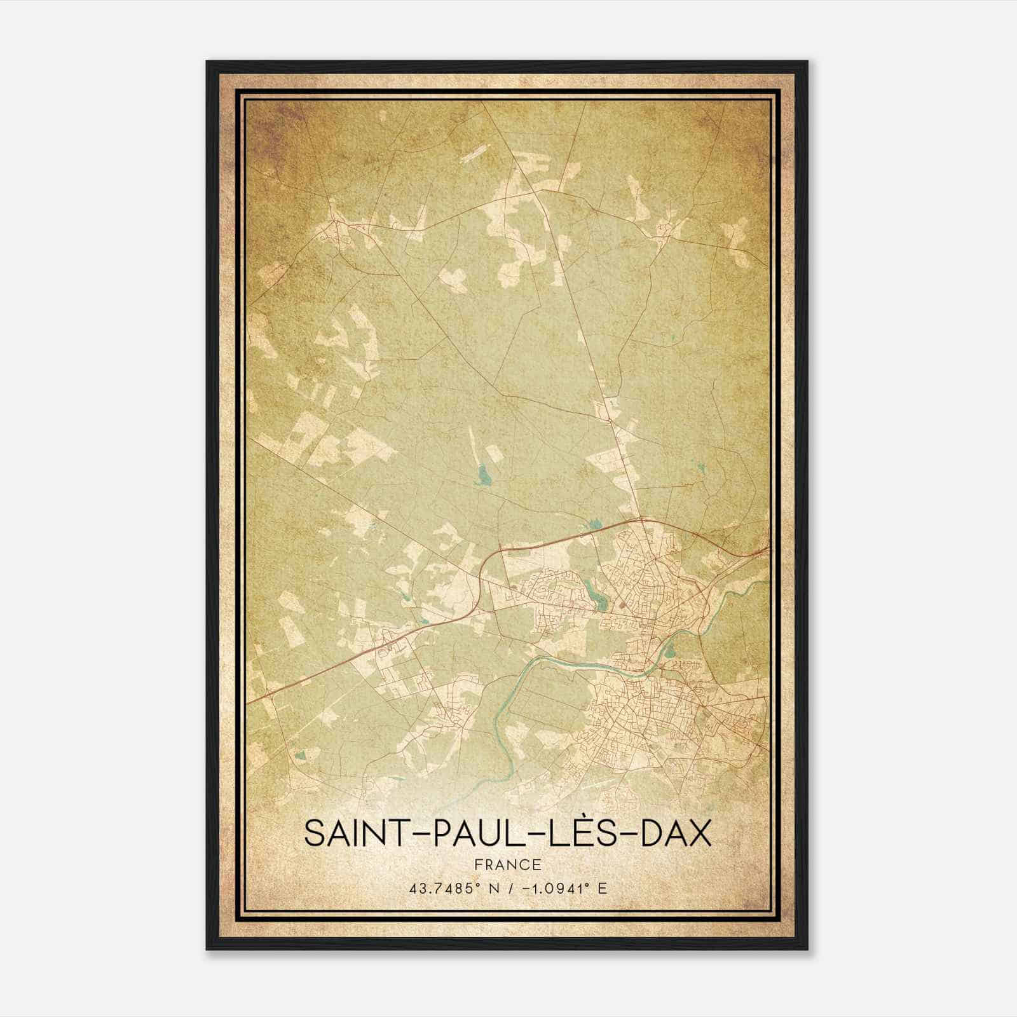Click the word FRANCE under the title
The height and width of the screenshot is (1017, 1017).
[x=508, y=865]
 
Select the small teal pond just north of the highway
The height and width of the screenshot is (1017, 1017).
[x=595, y=524]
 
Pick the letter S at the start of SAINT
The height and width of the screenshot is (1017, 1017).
[x=313, y=833]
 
